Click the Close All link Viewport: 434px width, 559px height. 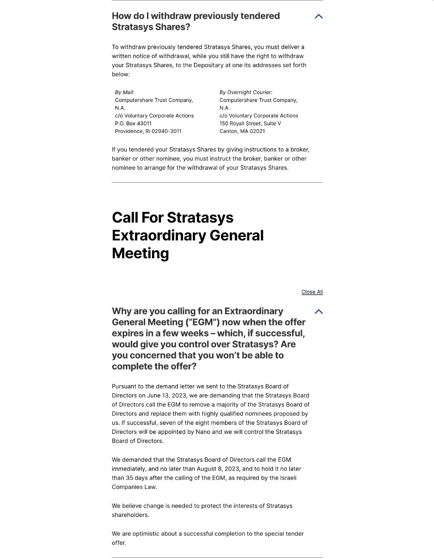(x=312, y=292)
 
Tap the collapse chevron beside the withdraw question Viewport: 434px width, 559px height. (x=318, y=17)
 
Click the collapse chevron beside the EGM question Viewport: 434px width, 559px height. (x=318, y=312)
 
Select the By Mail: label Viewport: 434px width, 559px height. (x=124, y=92)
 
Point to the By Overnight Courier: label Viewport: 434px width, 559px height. (x=245, y=92)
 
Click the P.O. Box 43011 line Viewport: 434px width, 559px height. (x=133, y=124)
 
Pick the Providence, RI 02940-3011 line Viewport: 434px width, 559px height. (x=148, y=131)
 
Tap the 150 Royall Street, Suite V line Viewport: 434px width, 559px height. (x=250, y=124)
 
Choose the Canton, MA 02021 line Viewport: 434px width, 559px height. (x=242, y=131)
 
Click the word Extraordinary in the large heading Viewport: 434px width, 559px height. (x=188, y=235)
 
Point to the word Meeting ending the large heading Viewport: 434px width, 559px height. (x=140, y=253)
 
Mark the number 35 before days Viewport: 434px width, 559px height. (x=130, y=478)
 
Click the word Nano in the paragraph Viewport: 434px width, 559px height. (x=203, y=432)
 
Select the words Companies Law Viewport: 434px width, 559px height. (x=134, y=487)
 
